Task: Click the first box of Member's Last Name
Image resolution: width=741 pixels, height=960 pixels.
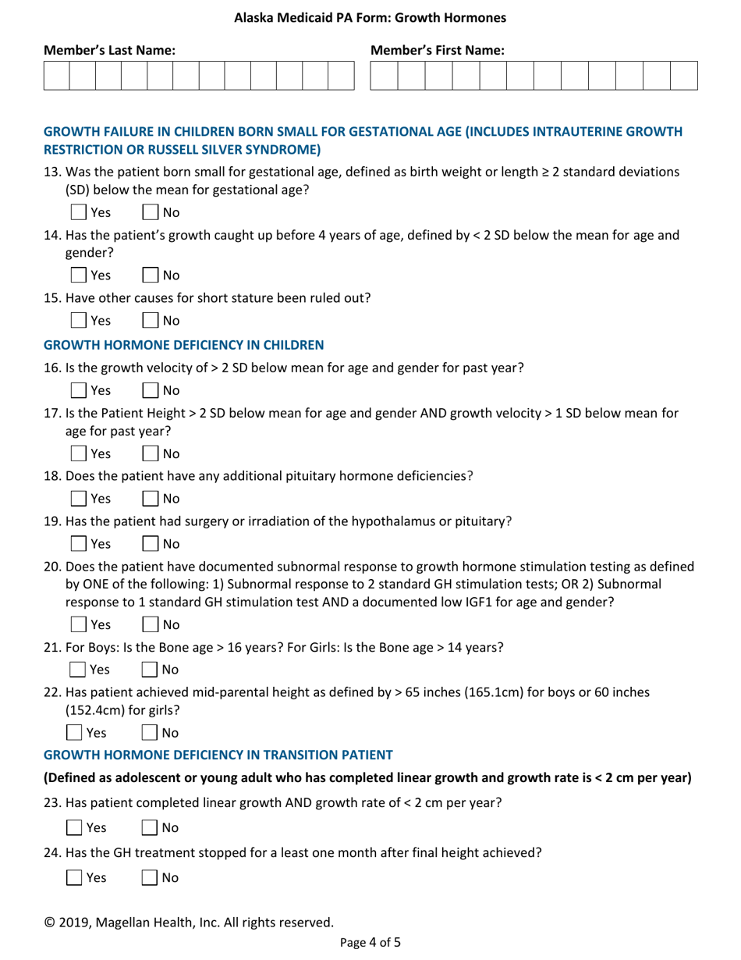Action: pyautogui.click(x=57, y=76)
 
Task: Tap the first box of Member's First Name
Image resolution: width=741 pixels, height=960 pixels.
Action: pyautogui.click(x=384, y=76)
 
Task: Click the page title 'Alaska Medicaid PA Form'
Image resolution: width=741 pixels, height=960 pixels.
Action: pyautogui.click(x=370, y=16)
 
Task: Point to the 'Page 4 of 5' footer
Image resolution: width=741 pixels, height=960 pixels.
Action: pyautogui.click(x=370, y=942)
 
